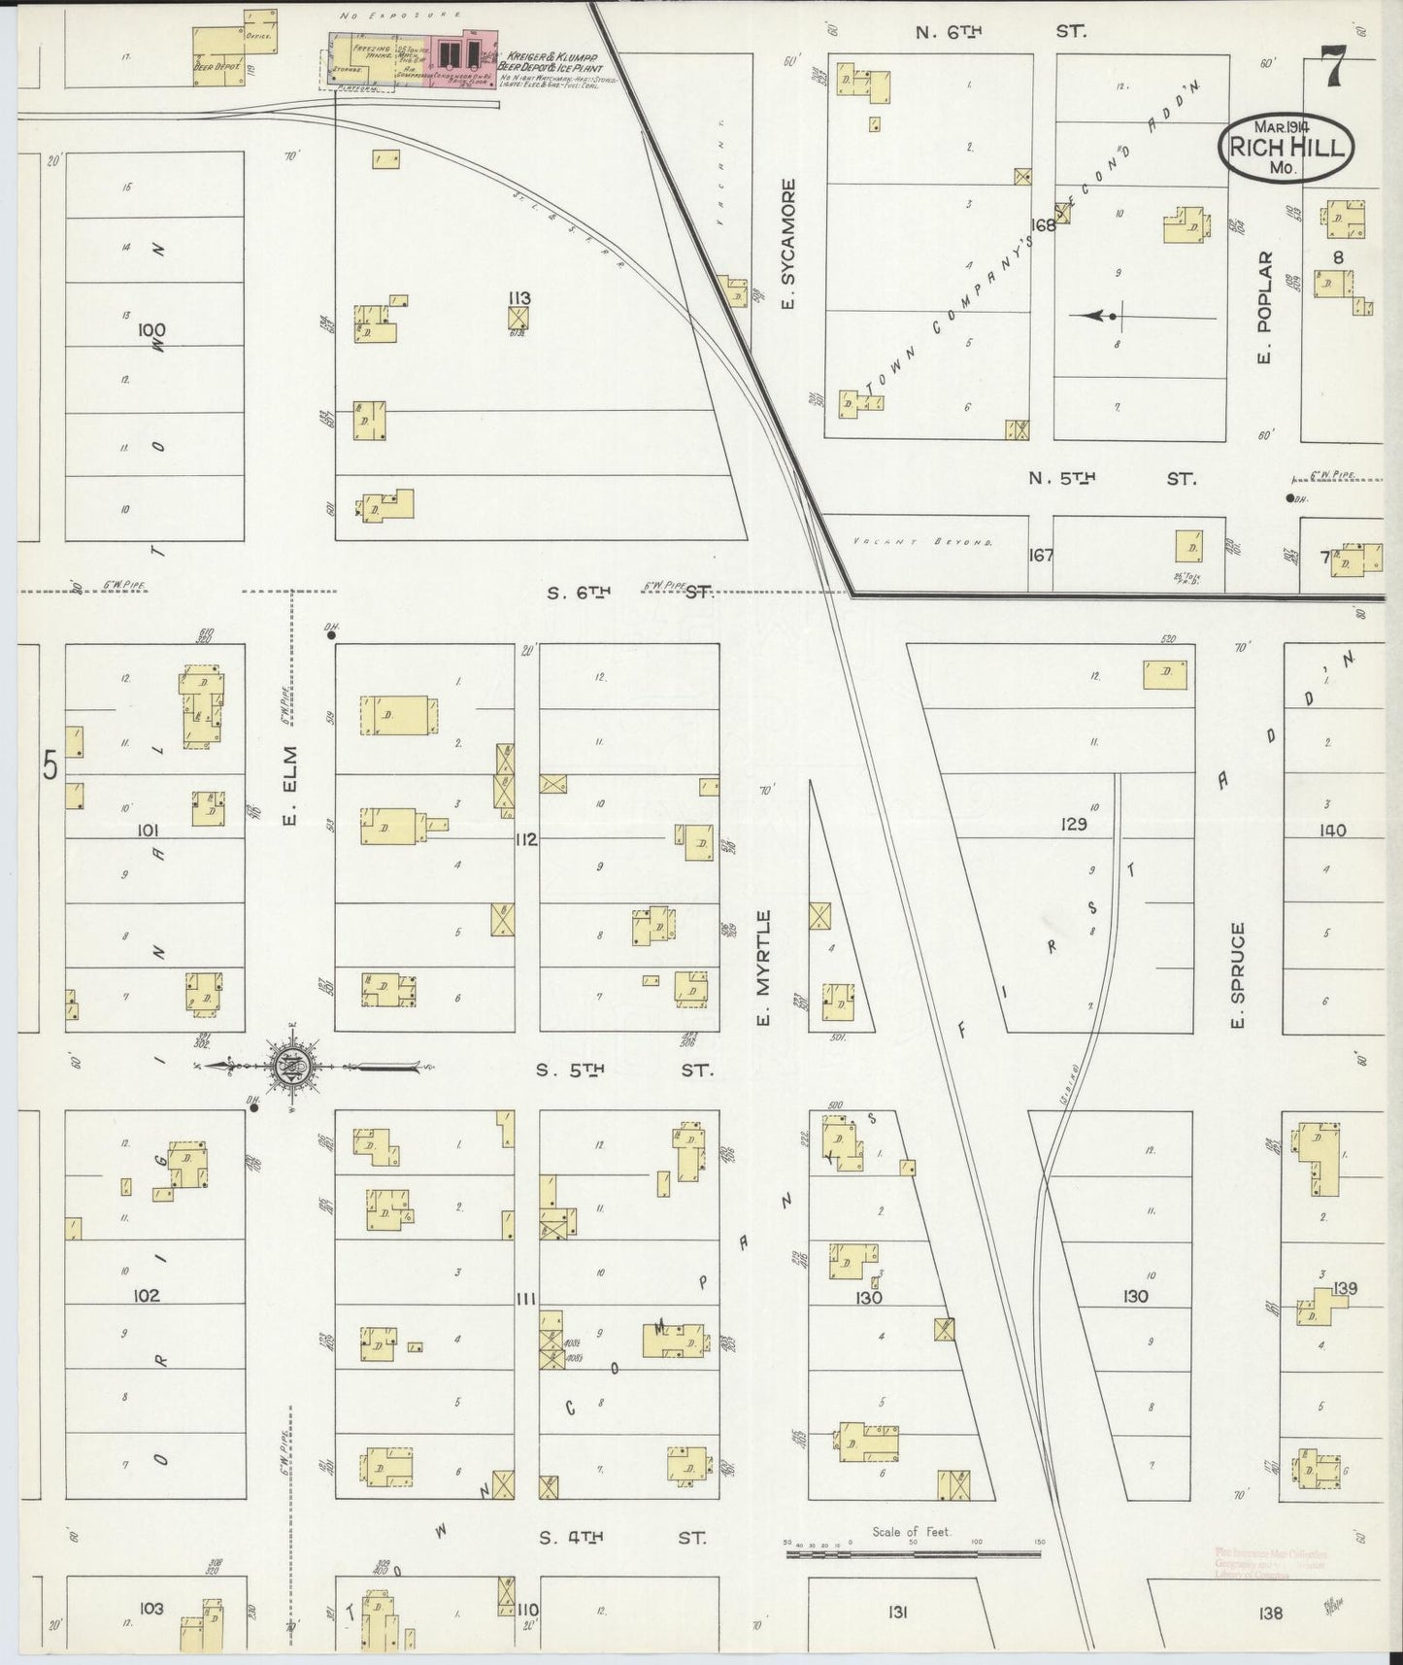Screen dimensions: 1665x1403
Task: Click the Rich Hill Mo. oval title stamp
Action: (1287, 149)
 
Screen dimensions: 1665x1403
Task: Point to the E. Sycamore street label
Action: (788, 244)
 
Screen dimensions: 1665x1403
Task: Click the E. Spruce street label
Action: (1237, 975)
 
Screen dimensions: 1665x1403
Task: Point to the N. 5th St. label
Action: (1113, 478)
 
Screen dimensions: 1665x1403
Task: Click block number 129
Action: (1074, 824)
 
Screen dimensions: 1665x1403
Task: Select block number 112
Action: (526, 839)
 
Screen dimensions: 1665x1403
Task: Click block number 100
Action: (151, 329)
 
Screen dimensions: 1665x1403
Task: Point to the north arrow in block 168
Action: (1097, 316)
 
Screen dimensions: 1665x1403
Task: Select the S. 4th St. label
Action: (625, 1538)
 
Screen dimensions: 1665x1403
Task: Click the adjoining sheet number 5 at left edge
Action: (50, 766)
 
